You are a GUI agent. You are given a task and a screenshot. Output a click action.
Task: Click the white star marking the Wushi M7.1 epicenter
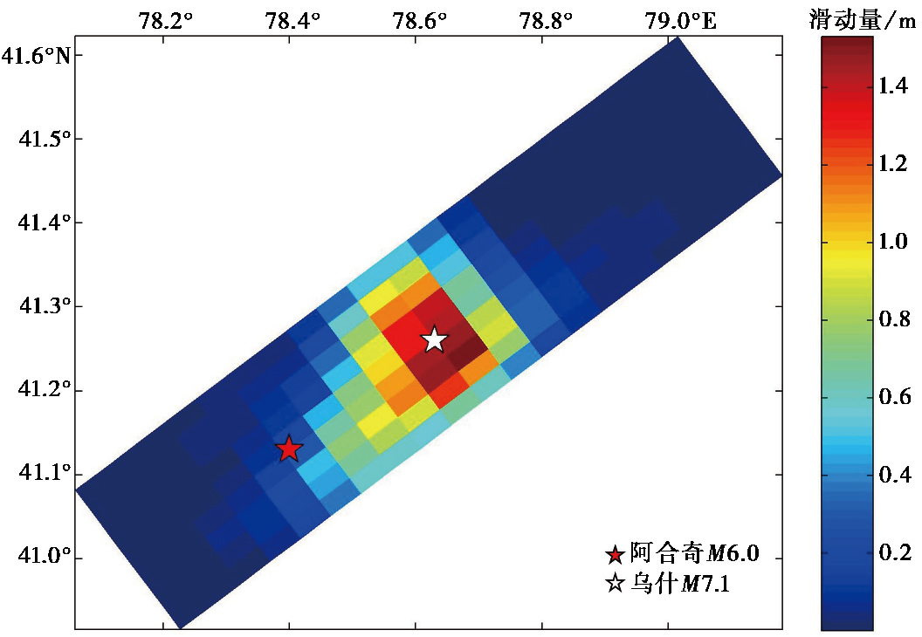[x=435, y=339]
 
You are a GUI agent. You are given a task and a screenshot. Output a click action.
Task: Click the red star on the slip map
[x=289, y=449]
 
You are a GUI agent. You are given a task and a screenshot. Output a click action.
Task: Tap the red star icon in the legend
[x=615, y=554]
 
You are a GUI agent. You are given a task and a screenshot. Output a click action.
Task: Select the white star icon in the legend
[x=615, y=584]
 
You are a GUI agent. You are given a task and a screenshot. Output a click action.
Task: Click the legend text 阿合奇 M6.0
[x=694, y=553]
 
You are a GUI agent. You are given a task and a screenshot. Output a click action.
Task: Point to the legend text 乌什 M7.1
[x=680, y=584]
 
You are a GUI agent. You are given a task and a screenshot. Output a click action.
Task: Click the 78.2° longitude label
[x=165, y=21]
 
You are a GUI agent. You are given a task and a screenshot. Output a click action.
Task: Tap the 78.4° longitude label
[x=292, y=21]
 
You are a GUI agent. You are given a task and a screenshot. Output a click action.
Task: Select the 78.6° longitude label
[x=419, y=21]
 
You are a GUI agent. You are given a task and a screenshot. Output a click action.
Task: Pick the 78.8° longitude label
[x=546, y=21]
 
